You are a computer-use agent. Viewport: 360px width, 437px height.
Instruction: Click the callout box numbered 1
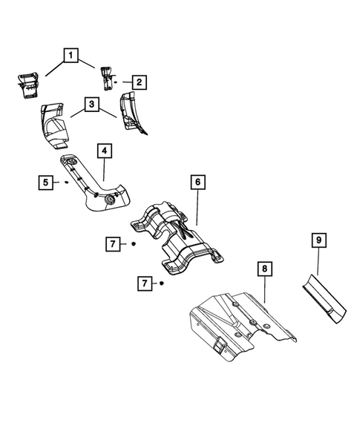(71, 55)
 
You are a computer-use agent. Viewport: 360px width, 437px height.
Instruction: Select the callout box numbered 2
(138, 82)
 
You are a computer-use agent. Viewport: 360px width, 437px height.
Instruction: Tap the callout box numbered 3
(91, 105)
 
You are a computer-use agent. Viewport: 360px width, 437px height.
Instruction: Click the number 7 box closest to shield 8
(145, 283)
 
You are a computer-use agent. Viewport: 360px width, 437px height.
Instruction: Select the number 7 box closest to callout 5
(114, 243)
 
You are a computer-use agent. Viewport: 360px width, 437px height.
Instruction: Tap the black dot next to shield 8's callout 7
(161, 283)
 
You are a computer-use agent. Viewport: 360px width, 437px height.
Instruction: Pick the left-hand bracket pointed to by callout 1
(27, 83)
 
